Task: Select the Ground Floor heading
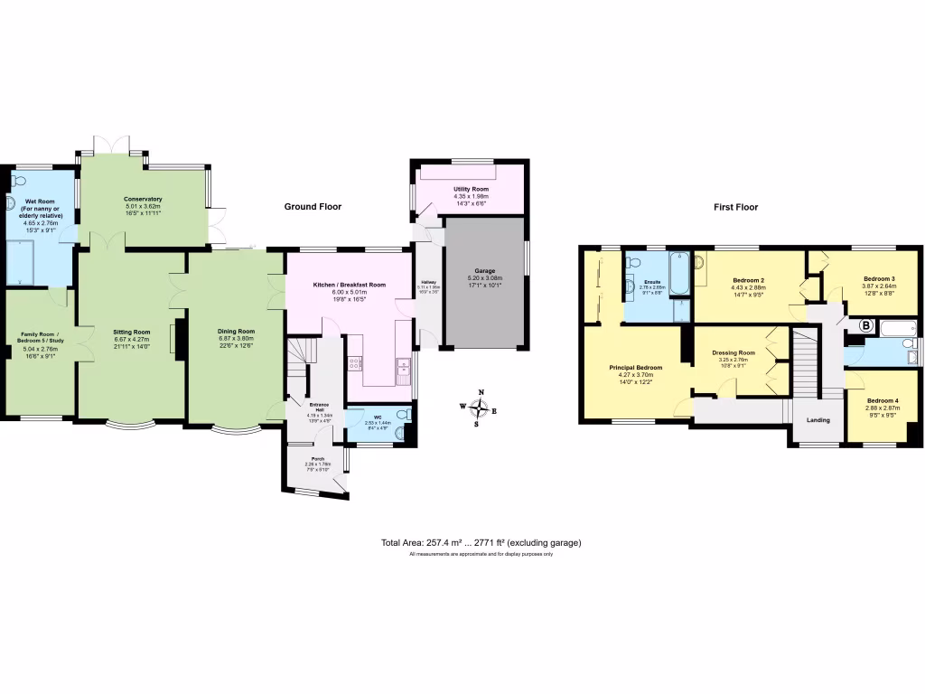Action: click(x=313, y=207)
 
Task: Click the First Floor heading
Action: click(x=736, y=207)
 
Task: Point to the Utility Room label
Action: click(x=470, y=189)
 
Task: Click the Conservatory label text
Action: click(x=143, y=199)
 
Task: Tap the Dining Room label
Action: click(x=236, y=332)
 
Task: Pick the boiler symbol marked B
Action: click(x=864, y=325)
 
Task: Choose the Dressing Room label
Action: click(x=733, y=352)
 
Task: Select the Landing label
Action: click(x=818, y=420)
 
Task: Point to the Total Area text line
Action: click(x=481, y=543)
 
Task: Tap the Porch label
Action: click(x=318, y=458)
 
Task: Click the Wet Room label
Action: click(x=39, y=202)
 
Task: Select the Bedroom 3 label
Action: click(x=879, y=278)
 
